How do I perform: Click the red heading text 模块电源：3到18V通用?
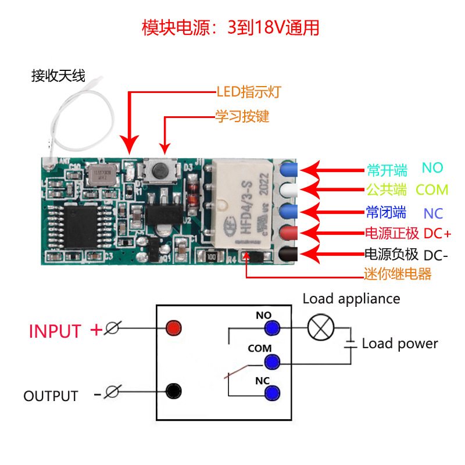[231, 28]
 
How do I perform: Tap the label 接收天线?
[58, 76]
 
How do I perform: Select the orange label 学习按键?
[242, 116]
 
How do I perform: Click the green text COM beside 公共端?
[432, 189]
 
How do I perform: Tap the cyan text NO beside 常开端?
[432, 168]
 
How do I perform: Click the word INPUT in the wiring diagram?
[55, 331]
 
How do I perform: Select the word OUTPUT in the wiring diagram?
[51, 396]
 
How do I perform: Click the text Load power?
[400, 344]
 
